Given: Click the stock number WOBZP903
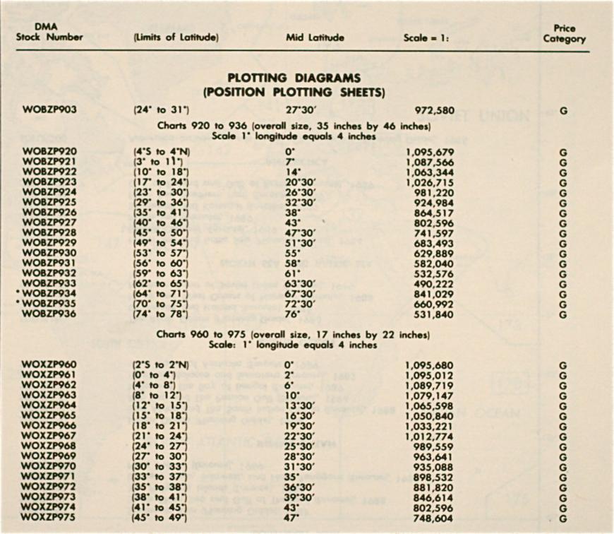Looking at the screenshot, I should coord(51,111).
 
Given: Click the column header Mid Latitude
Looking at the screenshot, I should coord(315,37).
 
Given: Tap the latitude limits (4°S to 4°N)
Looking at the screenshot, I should coord(159,152).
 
